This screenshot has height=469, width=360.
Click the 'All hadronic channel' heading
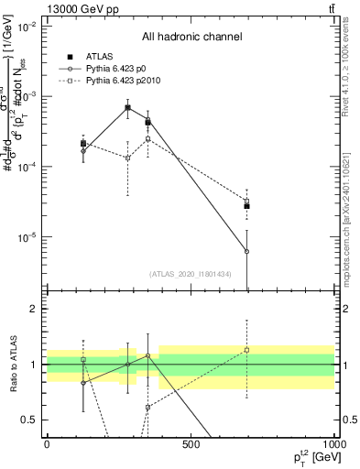pyautogui.click(x=191, y=37)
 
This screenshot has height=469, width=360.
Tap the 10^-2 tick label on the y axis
pyautogui.click(x=27, y=26)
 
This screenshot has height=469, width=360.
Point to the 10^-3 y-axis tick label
pyautogui.click(x=27, y=96)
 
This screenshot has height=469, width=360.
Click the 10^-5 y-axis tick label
pyautogui.click(x=27, y=237)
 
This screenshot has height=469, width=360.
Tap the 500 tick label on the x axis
pyautogui.click(x=191, y=444)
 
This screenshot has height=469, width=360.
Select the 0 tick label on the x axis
pyautogui.click(x=47, y=444)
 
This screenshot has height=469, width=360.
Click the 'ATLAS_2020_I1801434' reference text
pyautogui.click(x=191, y=274)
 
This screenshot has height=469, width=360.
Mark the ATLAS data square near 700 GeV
pyautogui.click(x=247, y=206)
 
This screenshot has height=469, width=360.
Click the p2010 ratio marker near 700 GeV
pyautogui.click(x=247, y=350)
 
